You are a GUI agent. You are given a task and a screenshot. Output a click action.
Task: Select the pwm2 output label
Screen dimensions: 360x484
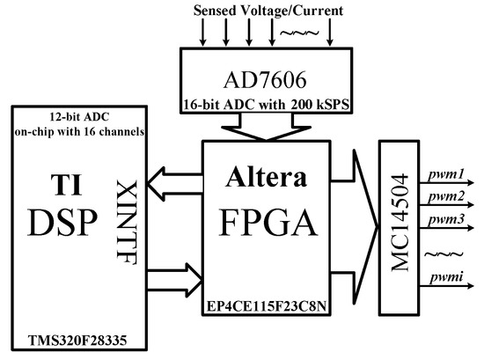tap(448, 195)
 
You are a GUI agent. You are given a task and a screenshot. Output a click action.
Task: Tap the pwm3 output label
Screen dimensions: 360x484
tap(448, 215)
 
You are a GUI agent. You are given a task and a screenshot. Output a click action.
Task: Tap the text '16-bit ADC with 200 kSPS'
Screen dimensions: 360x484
tap(253, 104)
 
